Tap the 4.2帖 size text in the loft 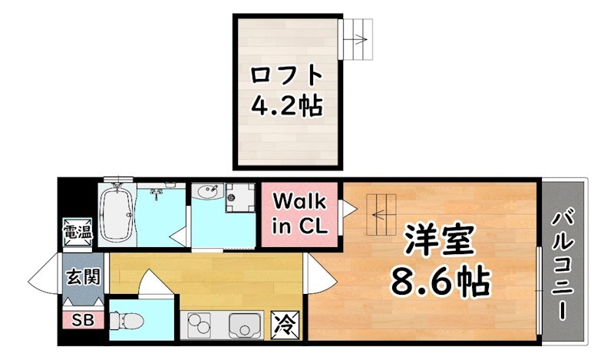pyautogui.click(x=286, y=106)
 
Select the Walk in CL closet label pyautogui.click(x=301, y=214)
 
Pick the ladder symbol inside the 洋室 pyautogui.click(x=382, y=215)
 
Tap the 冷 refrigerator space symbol pyautogui.click(x=283, y=323)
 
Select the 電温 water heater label pyautogui.click(x=77, y=231)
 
